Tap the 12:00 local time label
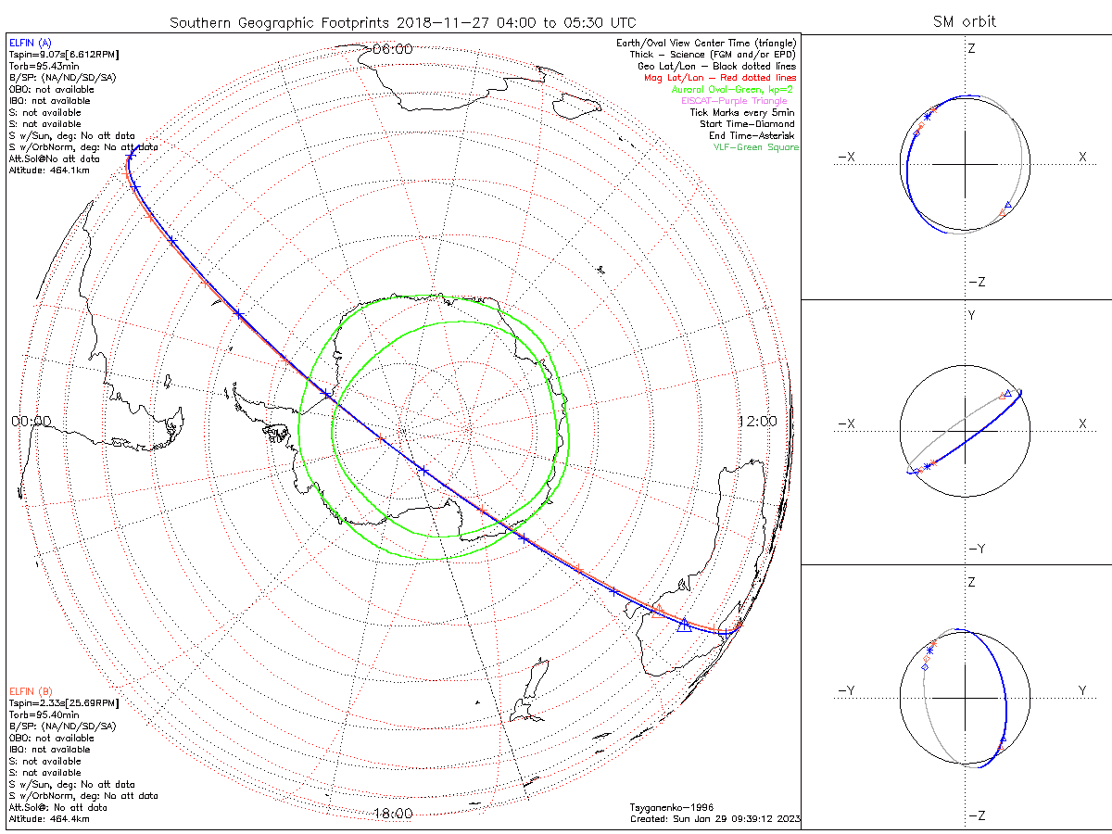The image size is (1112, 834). point(757,421)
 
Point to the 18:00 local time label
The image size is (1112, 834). point(392,814)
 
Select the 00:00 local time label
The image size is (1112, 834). point(31,421)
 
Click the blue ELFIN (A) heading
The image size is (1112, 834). point(30,43)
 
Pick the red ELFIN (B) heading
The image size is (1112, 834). point(31,691)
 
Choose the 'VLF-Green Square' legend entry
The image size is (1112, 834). point(755,147)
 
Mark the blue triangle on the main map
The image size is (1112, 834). point(685,625)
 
